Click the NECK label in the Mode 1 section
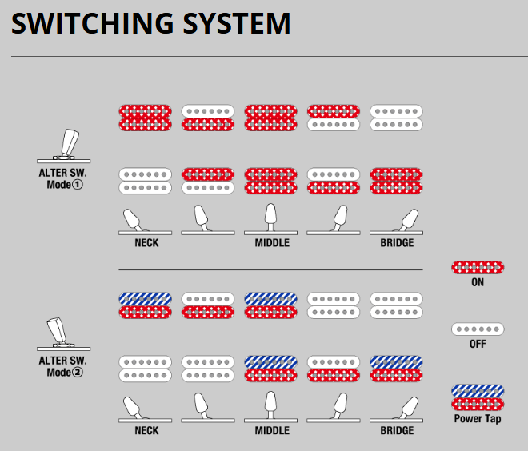pos(146,242)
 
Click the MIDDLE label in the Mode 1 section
pos(272,242)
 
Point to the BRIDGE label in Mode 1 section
pos(397,242)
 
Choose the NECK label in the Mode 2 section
pos(146,430)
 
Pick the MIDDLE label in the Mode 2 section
pos(272,430)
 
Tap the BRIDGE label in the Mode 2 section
pos(397,430)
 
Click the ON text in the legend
pos(477,282)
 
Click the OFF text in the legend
pos(477,344)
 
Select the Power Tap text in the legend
pos(477,418)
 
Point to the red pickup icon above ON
pos(477,268)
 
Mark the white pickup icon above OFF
pos(477,329)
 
